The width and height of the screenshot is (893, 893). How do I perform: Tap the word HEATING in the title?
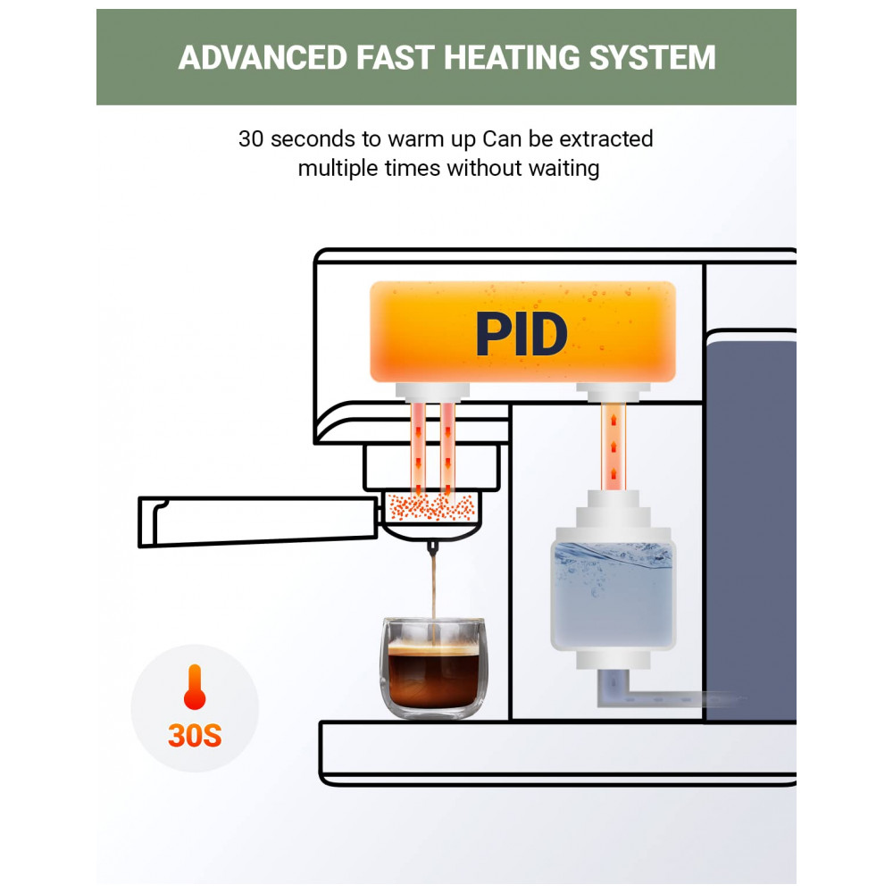497,58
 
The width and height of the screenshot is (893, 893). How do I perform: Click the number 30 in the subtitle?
251,139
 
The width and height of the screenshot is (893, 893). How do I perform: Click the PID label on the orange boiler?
521,335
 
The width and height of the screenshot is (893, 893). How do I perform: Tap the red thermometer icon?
194,688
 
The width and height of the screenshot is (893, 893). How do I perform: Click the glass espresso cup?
437,665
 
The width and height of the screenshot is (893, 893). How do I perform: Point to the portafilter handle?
255,522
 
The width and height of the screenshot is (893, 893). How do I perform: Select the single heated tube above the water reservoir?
612,446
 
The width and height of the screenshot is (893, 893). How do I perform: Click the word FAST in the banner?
388,58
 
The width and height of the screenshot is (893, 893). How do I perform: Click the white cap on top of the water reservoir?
613,513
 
